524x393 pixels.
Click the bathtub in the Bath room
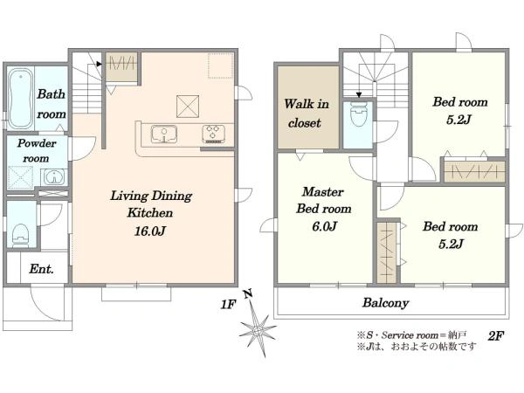(x=20, y=99)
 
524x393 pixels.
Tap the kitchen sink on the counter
(x=164, y=134)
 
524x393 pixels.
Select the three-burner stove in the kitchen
(x=214, y=134)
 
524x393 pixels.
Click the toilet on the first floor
(x=20, y=235)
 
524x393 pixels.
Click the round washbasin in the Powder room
(x=54, y=176)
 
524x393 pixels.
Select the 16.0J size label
(x=150, y=231)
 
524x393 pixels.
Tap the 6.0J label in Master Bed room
(x=324, y=226)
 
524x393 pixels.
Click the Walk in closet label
(x=307, y=114)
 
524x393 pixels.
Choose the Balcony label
(x=386, y=303)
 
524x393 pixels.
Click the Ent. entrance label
(x=41, y=269)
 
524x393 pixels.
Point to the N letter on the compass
(x=248, y=294)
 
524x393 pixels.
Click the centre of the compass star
(x=258, y=331)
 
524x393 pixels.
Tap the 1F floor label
(x=228, y=305)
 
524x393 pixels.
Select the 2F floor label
(x=496, y=335)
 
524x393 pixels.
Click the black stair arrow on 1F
(x=99, y=64)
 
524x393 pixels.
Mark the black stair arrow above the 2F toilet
(x=359, y=95)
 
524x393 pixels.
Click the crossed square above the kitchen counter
(x=188, y=107)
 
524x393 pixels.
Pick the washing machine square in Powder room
(x=21, y=177)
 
